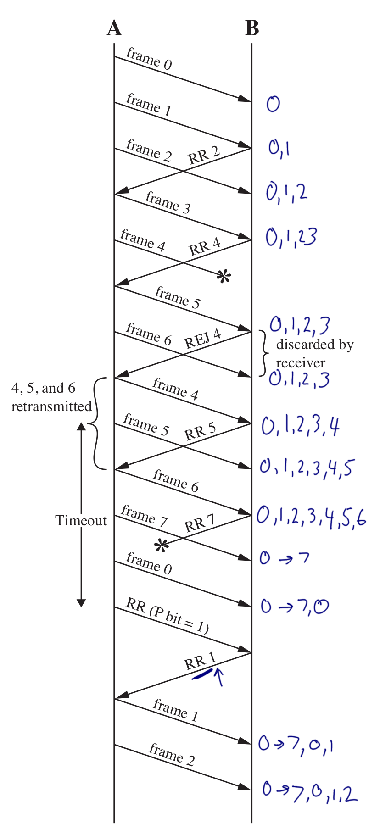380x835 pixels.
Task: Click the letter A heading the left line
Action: [x=114, y=28]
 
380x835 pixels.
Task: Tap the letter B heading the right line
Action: [x=252, y=28]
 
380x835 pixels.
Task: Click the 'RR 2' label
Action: [x=204, y=155]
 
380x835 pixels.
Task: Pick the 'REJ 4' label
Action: [x=202, y=339]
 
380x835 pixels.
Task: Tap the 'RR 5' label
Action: [x=200, y=431]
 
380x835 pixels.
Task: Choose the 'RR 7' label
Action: [x=199, y=523]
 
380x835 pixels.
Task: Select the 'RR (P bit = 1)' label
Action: [x=167, y=616]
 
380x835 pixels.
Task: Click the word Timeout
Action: [x=81, y=521]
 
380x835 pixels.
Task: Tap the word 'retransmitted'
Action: [x=51, y=406]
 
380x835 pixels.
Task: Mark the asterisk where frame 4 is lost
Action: [x=224, y=277]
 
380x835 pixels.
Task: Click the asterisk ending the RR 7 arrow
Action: [x=161, y=546]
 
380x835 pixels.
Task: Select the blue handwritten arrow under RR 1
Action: [x=219, y=676]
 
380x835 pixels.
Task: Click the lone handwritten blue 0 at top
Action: [x=273, y=104]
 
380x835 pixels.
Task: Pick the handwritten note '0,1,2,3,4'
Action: [x=301, y=426]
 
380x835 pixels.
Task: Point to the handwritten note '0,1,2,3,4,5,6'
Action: [x=311, y=516]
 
